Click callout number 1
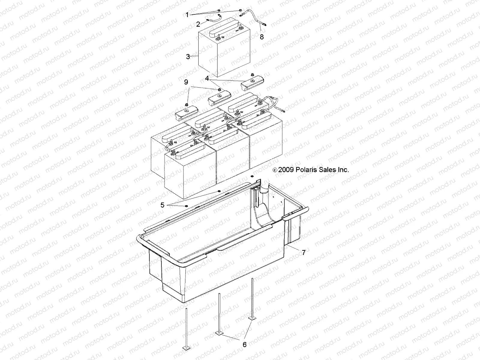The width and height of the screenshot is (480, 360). [187, 15]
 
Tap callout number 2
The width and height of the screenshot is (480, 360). [198, 24]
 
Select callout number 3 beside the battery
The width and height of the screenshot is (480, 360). [188, 56]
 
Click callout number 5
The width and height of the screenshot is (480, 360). [163, 205]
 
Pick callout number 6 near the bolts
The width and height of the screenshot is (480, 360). [244, 345]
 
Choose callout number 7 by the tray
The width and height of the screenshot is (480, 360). [304, 253]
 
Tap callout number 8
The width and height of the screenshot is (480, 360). [262, 37]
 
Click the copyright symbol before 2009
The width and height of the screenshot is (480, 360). [275, 170]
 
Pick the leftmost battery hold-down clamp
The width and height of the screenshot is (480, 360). [185, 114]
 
